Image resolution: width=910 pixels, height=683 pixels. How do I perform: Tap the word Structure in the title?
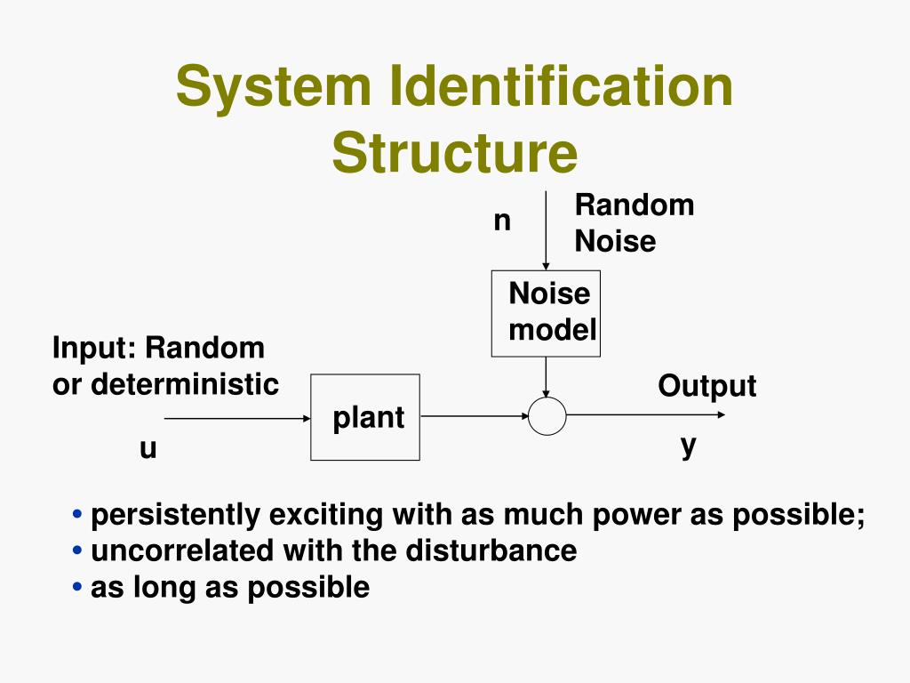tap(455, 153)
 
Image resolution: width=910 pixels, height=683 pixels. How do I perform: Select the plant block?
tap(365, 417)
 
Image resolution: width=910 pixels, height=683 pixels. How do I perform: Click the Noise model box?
tap(546, 313)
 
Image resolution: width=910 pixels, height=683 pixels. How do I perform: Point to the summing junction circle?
tap(547, 416)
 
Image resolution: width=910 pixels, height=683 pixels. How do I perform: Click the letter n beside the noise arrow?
tap(503, 220)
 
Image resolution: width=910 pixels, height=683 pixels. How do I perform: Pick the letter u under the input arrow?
tap(148, 449)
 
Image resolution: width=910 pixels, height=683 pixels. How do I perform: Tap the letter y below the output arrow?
tap(688, 445)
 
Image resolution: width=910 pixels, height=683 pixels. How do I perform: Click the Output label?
tap(706, 386)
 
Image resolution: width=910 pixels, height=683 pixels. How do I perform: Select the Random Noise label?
tap(633, 223)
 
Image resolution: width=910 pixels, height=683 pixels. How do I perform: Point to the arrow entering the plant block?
tap(236, 418)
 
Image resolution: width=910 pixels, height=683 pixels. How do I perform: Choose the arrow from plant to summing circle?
tap(474, 415)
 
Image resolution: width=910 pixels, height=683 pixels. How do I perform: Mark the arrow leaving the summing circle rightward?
tap(645, 414)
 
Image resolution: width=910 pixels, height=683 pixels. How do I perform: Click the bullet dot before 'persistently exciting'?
tap(79, 515)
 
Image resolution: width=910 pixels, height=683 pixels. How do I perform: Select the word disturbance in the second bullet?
tap(491, 550)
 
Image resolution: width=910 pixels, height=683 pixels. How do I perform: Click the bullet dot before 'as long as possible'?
tap(79, 587)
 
